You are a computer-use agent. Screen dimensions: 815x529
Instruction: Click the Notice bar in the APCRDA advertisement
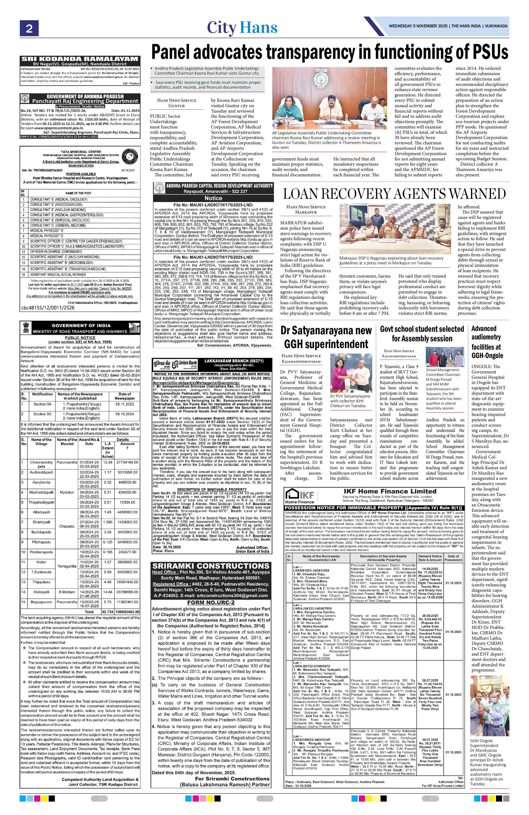pos(213,198)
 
